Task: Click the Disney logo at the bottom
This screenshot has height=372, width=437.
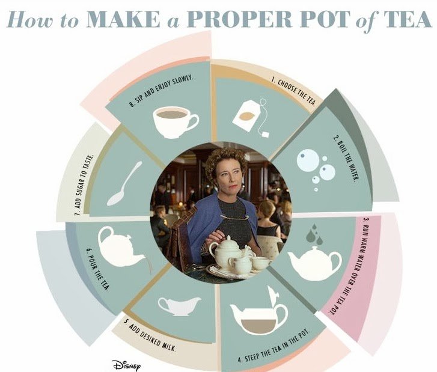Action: coord(126,365)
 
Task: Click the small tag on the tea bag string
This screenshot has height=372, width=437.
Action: coord(266,135)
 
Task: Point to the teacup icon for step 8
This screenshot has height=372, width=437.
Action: coord(176,122)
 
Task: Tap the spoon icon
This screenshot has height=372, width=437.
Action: coord(124,184)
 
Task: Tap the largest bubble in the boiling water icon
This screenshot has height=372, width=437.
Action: coord(308,160)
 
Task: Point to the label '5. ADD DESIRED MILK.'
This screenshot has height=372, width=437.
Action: coord(150,336)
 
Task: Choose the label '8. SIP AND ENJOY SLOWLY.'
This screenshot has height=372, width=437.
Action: coord(161,91)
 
